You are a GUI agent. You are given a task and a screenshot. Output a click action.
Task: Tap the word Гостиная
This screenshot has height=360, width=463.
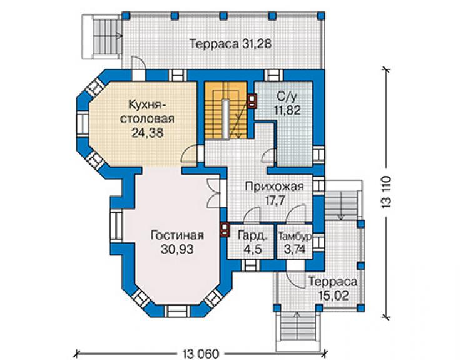click(x=177, y=235)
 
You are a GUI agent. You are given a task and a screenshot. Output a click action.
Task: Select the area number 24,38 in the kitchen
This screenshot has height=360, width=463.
click(x=147, y=133)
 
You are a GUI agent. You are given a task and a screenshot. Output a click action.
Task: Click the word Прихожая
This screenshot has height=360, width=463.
click(x=274, y=187)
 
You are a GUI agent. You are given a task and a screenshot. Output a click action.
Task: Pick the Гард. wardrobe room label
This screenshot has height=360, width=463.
click(x=253, y=235)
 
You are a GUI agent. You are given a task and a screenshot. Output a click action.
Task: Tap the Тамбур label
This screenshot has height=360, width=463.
click(x=295, y=236)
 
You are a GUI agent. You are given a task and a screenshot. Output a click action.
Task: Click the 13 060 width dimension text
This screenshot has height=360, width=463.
click(x=201, y=354)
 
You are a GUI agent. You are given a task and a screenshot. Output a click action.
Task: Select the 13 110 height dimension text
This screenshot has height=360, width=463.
click(x=387, y=193)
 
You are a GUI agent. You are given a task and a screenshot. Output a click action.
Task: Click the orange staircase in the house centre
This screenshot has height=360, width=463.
click(x=226, y=110)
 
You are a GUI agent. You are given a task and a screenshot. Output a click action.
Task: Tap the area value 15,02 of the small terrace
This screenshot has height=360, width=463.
click(x=334, y=296)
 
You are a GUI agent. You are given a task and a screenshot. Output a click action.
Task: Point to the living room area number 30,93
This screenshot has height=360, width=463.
click(x=177, y=249)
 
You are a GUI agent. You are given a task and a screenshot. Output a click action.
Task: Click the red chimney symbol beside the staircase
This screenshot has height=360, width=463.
click(x=252, y=101)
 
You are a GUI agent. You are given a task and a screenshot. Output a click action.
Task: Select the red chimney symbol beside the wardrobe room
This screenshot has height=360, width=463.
click(x=225, y=229)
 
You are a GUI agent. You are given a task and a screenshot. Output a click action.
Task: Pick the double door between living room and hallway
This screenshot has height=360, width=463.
click(x=213, y=192)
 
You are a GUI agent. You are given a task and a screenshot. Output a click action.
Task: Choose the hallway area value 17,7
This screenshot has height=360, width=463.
click(x=275, y=200)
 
